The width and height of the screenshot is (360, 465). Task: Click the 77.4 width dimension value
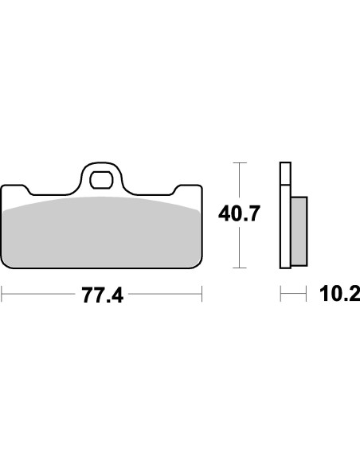tap(103, 296)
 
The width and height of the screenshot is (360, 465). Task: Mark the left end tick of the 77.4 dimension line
tap(2, 296)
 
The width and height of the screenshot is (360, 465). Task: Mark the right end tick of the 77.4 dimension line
tap(202, 296)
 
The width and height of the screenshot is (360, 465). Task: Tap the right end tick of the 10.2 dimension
tap(307, 296)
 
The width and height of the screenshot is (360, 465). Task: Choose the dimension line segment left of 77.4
tap(40, 296)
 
